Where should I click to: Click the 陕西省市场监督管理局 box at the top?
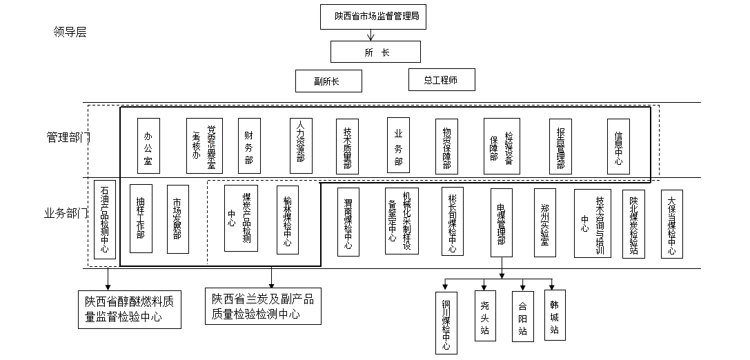point(375,16)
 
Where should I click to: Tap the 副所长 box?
point(328,81)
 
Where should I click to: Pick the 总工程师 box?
point(442,80)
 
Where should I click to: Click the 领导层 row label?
point(70,32)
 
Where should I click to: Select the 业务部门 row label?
point(66,213)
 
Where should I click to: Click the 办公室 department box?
point(148,146)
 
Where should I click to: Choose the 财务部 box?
point(249,146)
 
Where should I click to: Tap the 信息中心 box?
point(619,146)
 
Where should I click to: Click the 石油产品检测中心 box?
point(105,219)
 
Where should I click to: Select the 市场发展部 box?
point(177,219)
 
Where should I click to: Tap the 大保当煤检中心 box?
point(672,223)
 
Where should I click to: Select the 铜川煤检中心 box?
point(446,322)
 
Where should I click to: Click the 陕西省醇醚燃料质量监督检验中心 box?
point(129,309)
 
